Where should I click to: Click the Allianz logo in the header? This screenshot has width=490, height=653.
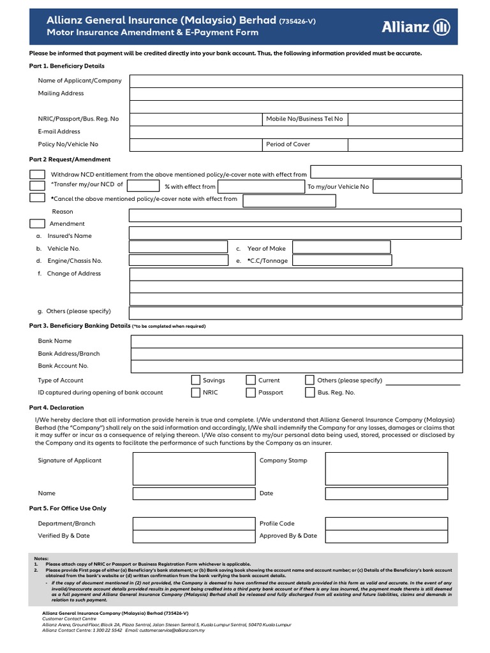[415, 27]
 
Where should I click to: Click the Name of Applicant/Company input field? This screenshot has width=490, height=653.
[296, 81]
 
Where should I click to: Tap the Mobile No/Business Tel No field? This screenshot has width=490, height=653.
[405, 119]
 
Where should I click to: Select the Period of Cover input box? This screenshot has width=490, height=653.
[405, 145]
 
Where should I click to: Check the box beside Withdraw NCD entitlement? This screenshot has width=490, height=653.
[38, 175]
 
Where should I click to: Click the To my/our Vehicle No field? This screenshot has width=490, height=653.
[417, 186]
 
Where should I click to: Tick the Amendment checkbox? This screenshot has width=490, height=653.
[38, 224]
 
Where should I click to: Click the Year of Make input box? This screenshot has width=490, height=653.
[341, 247]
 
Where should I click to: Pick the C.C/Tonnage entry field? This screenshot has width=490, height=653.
[341, 260]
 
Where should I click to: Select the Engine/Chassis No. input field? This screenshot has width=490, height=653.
[178, 260]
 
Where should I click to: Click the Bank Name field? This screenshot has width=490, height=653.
[296, 342]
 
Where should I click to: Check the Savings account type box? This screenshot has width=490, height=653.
[196, 381]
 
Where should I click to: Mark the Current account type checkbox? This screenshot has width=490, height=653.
[251, 381]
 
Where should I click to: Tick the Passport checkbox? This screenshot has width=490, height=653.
[251, 393]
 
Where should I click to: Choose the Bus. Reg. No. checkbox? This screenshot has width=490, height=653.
[310, 393]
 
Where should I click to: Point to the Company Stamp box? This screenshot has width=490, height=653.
[390, 469]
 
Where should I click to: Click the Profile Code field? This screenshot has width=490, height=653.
[390, 524]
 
